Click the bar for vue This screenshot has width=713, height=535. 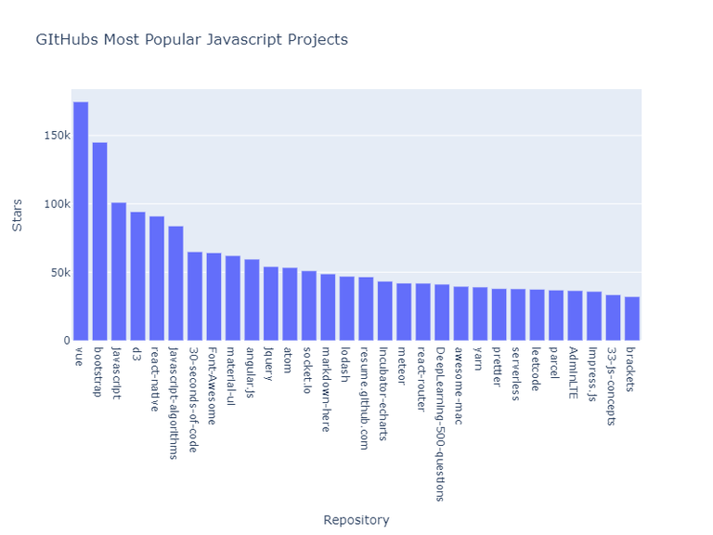[81, 221]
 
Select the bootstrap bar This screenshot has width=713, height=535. [99, 241]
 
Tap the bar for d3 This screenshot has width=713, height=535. [137, 276]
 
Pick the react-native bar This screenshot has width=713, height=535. [157, 278]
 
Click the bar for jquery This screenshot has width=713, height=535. [270, 304]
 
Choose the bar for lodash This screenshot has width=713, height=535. [346, 308]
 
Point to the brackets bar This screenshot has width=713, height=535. [632, 319]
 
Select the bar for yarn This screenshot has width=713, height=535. [480, 314]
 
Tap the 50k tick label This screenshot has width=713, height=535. [58, 273]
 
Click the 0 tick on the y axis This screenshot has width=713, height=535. [65, 341]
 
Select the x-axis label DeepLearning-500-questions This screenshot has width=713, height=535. [442, 424]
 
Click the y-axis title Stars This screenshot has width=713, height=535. [17, 215]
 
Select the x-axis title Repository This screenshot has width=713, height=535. [356, 520]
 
